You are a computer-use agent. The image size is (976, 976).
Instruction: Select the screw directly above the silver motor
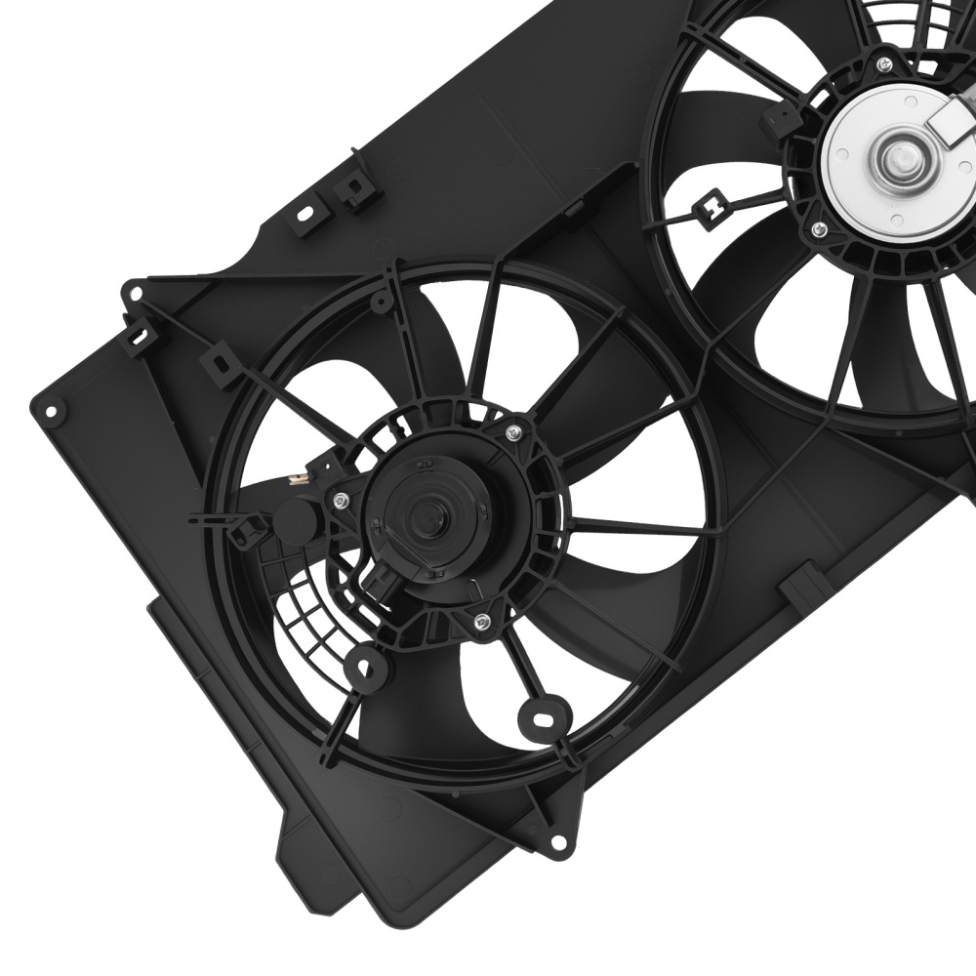tap(884, 65)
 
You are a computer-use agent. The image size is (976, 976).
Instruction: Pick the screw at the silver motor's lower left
tap(819, 230)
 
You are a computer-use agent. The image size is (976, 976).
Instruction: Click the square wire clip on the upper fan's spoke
tap(715, 206)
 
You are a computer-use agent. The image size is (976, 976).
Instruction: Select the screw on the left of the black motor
tap(337, 502)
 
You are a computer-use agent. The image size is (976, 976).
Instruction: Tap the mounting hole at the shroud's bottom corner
tap(556, 841)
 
